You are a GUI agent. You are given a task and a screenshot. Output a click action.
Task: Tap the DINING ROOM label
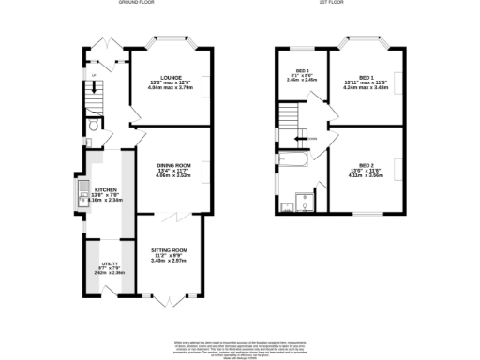coord(172,166)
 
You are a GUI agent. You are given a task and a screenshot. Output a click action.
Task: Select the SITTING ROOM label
coord(170,250)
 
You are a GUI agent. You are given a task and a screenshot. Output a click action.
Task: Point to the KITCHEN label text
coord(104,188)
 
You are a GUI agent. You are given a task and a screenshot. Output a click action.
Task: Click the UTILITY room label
coord(110,262)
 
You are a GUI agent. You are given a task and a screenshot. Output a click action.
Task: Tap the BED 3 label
coord(303,71)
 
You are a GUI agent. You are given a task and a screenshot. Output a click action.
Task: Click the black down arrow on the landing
coord(303,139)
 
